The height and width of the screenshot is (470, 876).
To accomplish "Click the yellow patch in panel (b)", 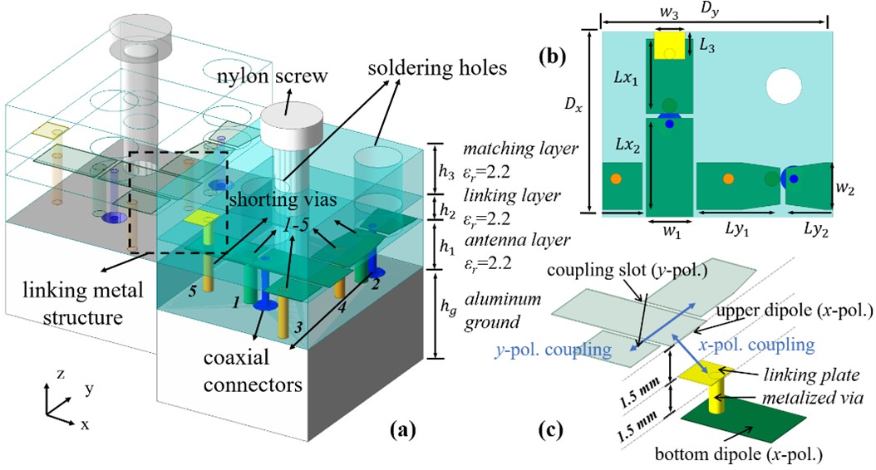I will coord(670,47).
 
